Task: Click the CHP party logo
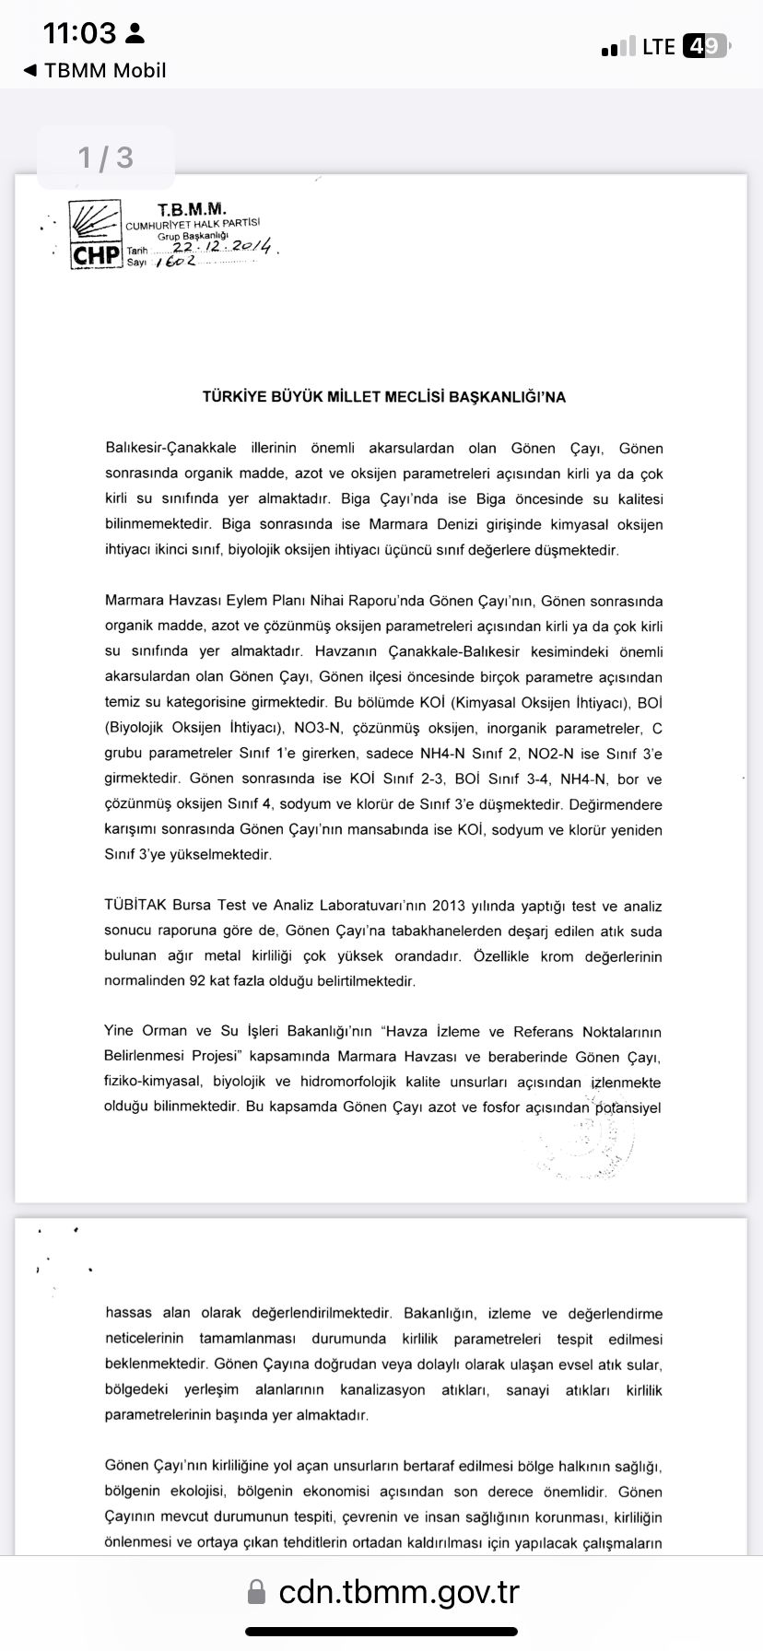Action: click(96, 235)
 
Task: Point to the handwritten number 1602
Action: click(176, 262)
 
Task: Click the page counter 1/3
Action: click(106, 158)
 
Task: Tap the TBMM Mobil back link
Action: click(95, 71)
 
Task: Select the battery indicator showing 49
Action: click(705, 46)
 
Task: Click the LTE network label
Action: click(659, 47)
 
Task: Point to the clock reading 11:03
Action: click(80, 34)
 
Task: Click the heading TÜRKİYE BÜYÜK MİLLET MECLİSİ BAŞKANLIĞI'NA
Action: click(383, 397)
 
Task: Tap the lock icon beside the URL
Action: click(258, 1592)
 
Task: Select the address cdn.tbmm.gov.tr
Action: click(399, 1592)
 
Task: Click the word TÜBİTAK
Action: click(135, 906)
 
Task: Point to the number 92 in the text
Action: click(197, 981)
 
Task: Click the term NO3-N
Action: click(319, 728)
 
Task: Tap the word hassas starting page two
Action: click(129, 1313)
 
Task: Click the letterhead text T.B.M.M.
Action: click(191, 209)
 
